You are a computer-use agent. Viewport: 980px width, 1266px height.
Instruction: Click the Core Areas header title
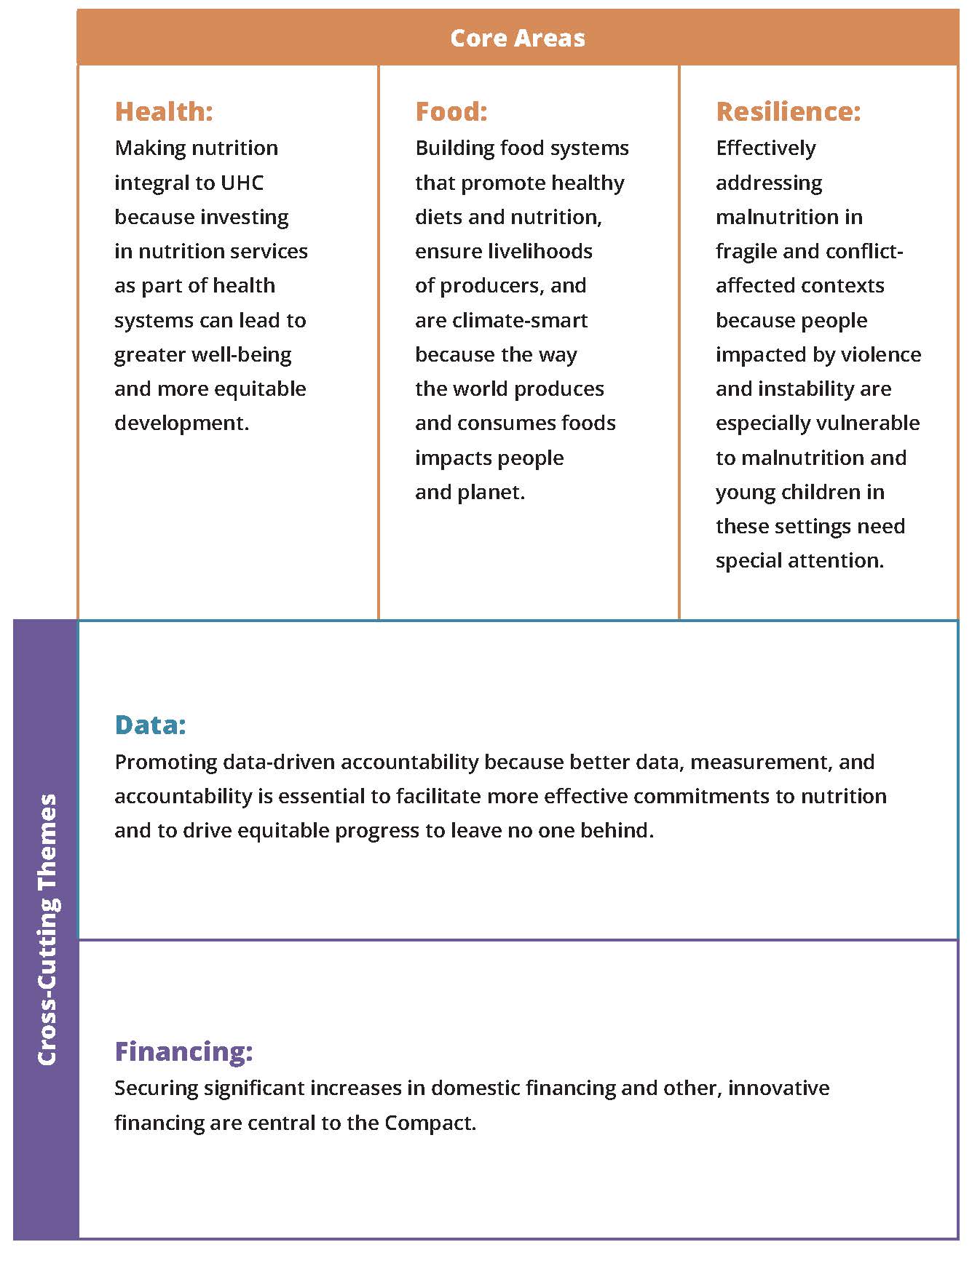[x=517, y=38]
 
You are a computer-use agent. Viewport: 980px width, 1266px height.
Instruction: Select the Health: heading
[x=164, y=111]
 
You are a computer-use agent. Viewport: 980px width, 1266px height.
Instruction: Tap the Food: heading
[x=451, y=111]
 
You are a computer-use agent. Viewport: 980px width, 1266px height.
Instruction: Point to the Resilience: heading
[x=788, y=111]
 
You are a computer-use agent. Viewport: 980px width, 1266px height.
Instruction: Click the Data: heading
[x=150, y=725]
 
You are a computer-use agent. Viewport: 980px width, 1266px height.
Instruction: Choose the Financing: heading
[x=183, y=1051]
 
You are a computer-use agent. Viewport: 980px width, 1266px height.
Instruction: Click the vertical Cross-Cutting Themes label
[x=47, y=930]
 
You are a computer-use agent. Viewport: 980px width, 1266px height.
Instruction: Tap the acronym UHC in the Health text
[x=242, y=183]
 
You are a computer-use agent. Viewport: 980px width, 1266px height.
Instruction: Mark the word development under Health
[x=181, y=423]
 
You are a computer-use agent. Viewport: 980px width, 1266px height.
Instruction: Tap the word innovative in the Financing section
[x=778, y=1088]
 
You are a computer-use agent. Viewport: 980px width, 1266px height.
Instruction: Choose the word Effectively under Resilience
[x=765, y=148]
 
